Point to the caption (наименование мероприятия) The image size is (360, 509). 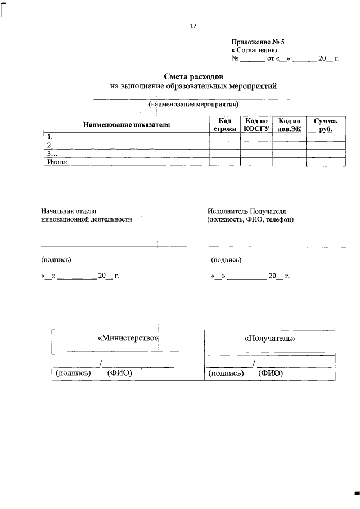pos(194,105)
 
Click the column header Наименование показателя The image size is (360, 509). pos(126,124)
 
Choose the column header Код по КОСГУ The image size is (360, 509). pos(256,125)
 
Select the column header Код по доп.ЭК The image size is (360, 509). pos(289,125)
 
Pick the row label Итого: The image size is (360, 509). pos(57,162)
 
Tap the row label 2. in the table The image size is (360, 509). pos(49,145)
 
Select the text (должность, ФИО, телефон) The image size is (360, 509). pos(250,219)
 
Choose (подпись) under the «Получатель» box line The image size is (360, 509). pos(226,373)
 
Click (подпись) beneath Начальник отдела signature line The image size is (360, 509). pos(56,260)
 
